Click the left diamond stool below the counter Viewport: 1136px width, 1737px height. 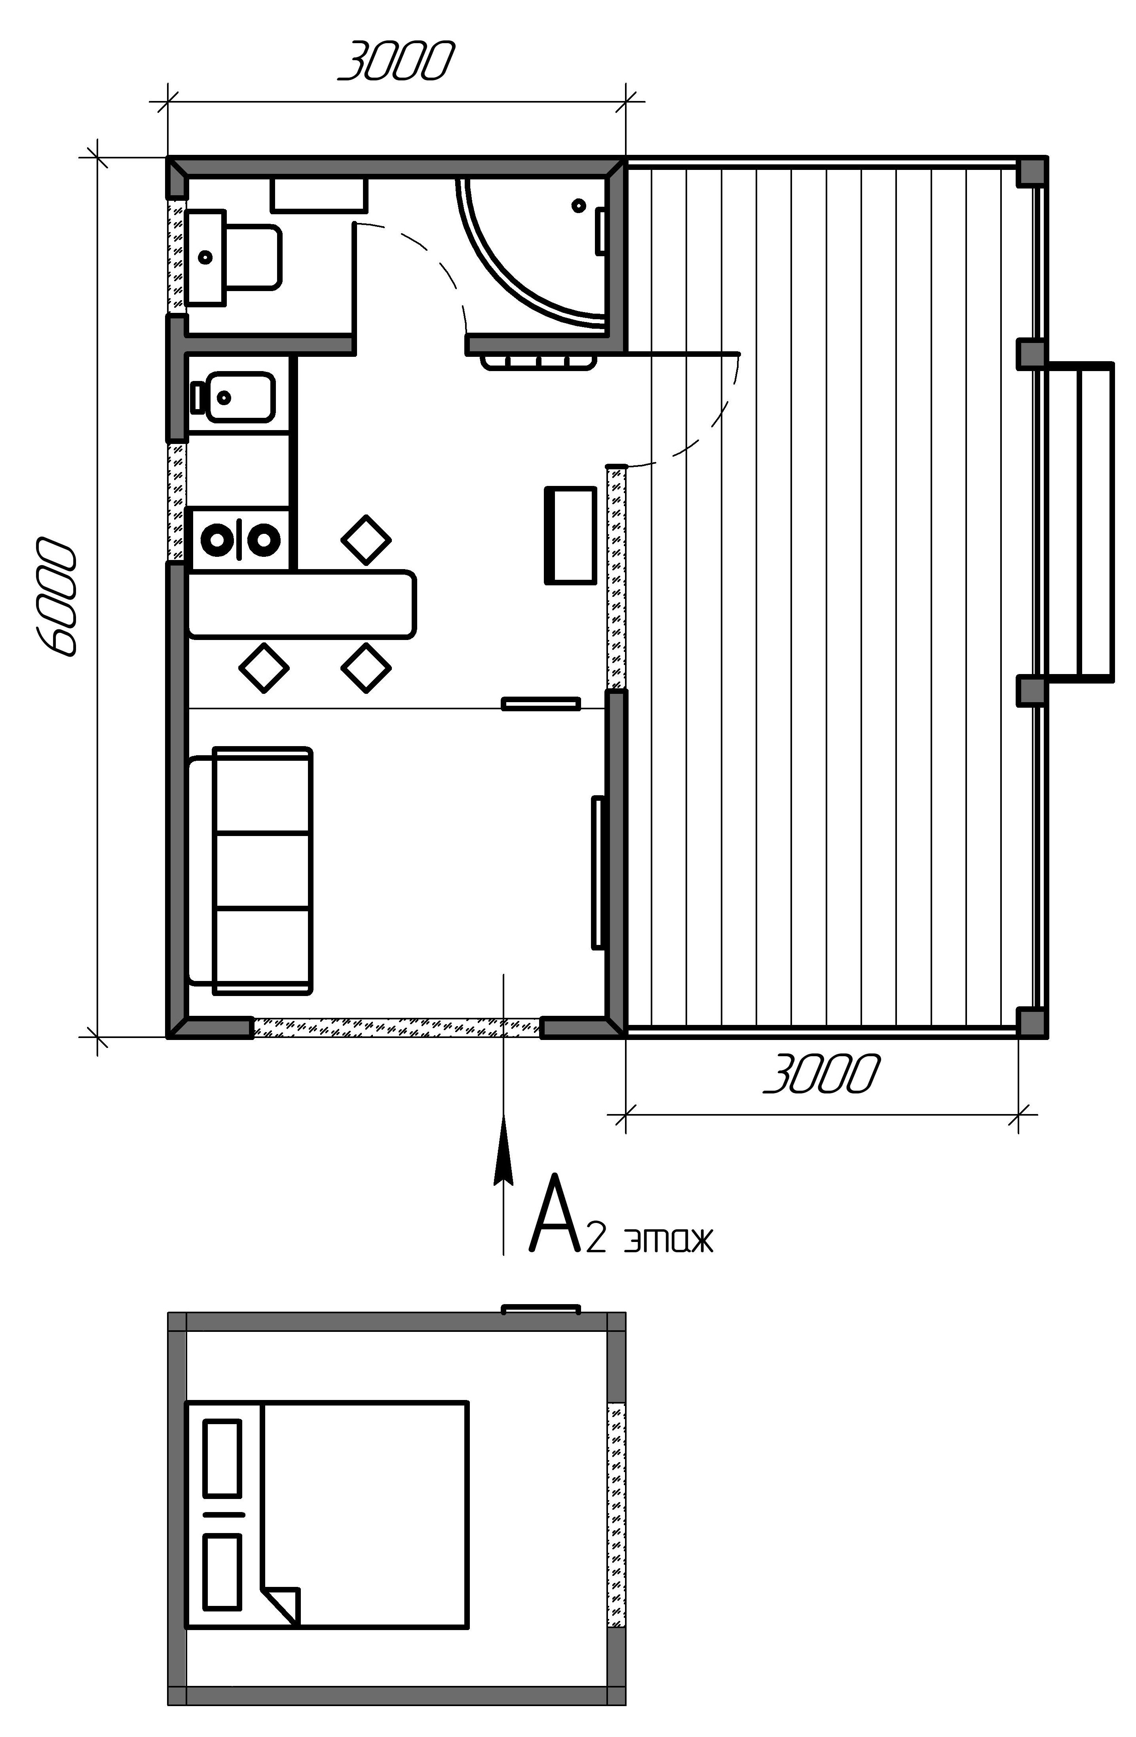[x=264, y=667]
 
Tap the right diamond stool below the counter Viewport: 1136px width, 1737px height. [x=366, y=667]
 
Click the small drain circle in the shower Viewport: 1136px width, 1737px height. [x=579, y=205]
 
